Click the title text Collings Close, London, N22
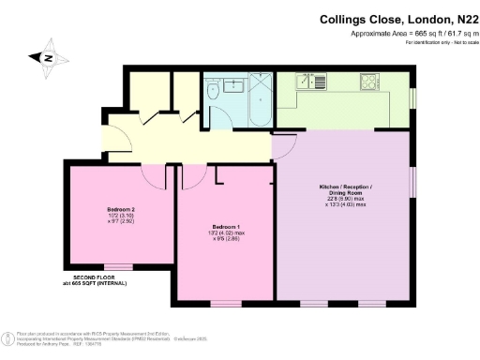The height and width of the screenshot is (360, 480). coord(397,17)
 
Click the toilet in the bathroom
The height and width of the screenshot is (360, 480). coord(214,92)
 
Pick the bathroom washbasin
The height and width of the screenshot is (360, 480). coord(232,85)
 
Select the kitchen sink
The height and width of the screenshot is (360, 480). coord(308,82)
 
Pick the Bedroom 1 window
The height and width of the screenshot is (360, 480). coord(225,303)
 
